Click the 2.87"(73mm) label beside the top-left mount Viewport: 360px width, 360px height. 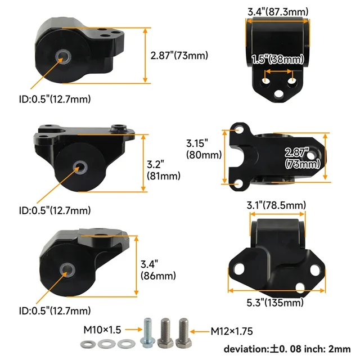(x=179, y=55)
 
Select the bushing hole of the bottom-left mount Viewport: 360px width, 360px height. (x=66, y=269)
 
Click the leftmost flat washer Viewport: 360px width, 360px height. (x=88, y=344)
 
